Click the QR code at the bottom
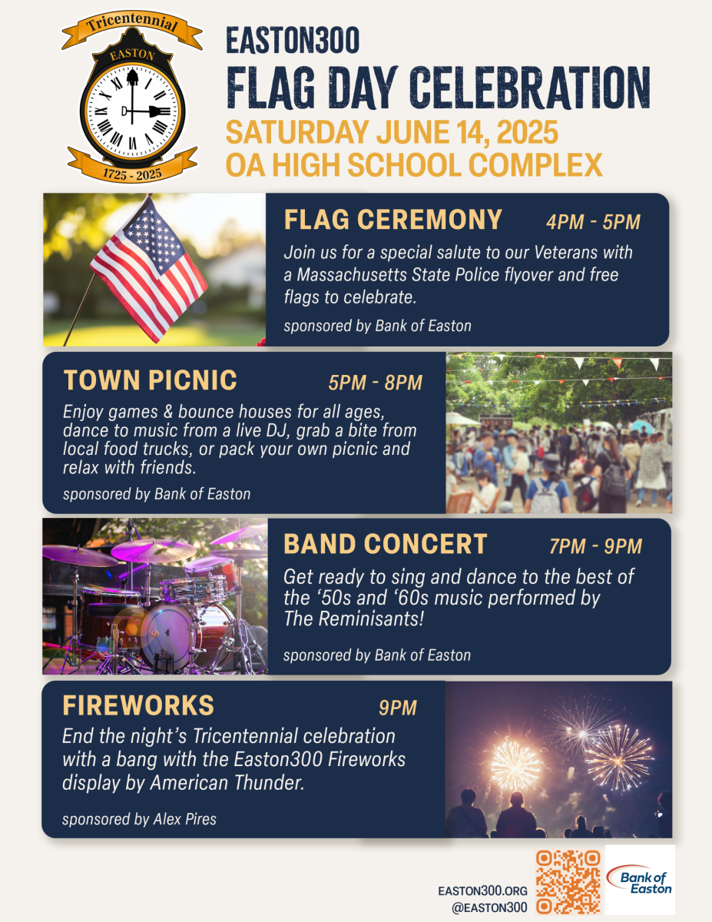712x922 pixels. click(x=568, y=882)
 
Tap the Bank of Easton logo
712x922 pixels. click(x=640, y=880)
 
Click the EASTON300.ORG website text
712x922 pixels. click(x=482, y=890)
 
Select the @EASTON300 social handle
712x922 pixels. click(x=489, y=907)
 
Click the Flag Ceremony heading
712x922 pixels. click(x=393, y=220)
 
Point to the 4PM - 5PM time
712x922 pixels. click(x=593, y=222)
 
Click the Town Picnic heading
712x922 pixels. click(x=150, y=380)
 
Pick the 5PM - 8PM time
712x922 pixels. click(x=376, y=383)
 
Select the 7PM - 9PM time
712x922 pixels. click(x=595, y=546)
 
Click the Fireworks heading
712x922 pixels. click(x=138, y=705)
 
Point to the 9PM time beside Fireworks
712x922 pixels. click(x=398, y=708)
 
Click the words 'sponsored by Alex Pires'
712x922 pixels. click(x=139, y=819)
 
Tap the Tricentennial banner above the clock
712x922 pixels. click(x=132, y=26)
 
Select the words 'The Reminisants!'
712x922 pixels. click(x=353, y=619)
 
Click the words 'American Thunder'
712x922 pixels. click(x=227, y=782)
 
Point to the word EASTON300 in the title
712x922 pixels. click(x=293, y=40)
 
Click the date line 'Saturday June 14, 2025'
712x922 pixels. click(x=392, y=132)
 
